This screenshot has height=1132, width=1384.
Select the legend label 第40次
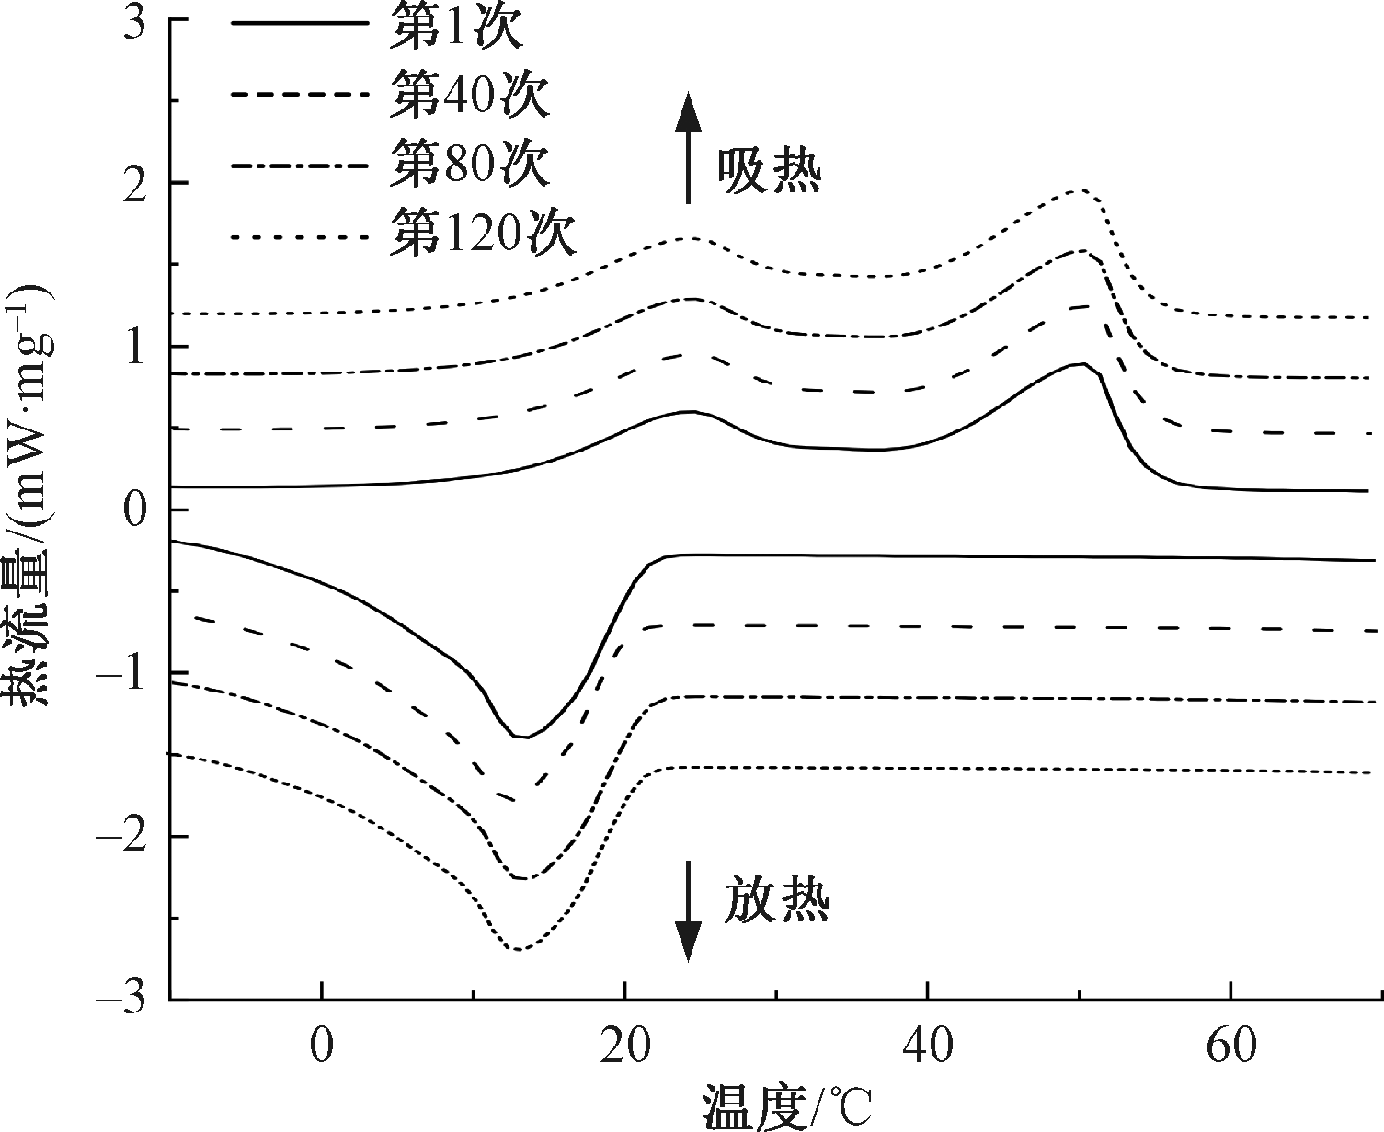point(469,96)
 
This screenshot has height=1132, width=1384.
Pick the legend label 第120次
point(482,233)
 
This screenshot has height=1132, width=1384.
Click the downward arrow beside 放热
point(687,910)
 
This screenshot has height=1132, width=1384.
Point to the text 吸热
point(769,170)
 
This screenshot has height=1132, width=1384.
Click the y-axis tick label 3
point(134,22)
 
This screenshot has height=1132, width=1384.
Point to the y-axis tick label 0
point(134,510)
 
